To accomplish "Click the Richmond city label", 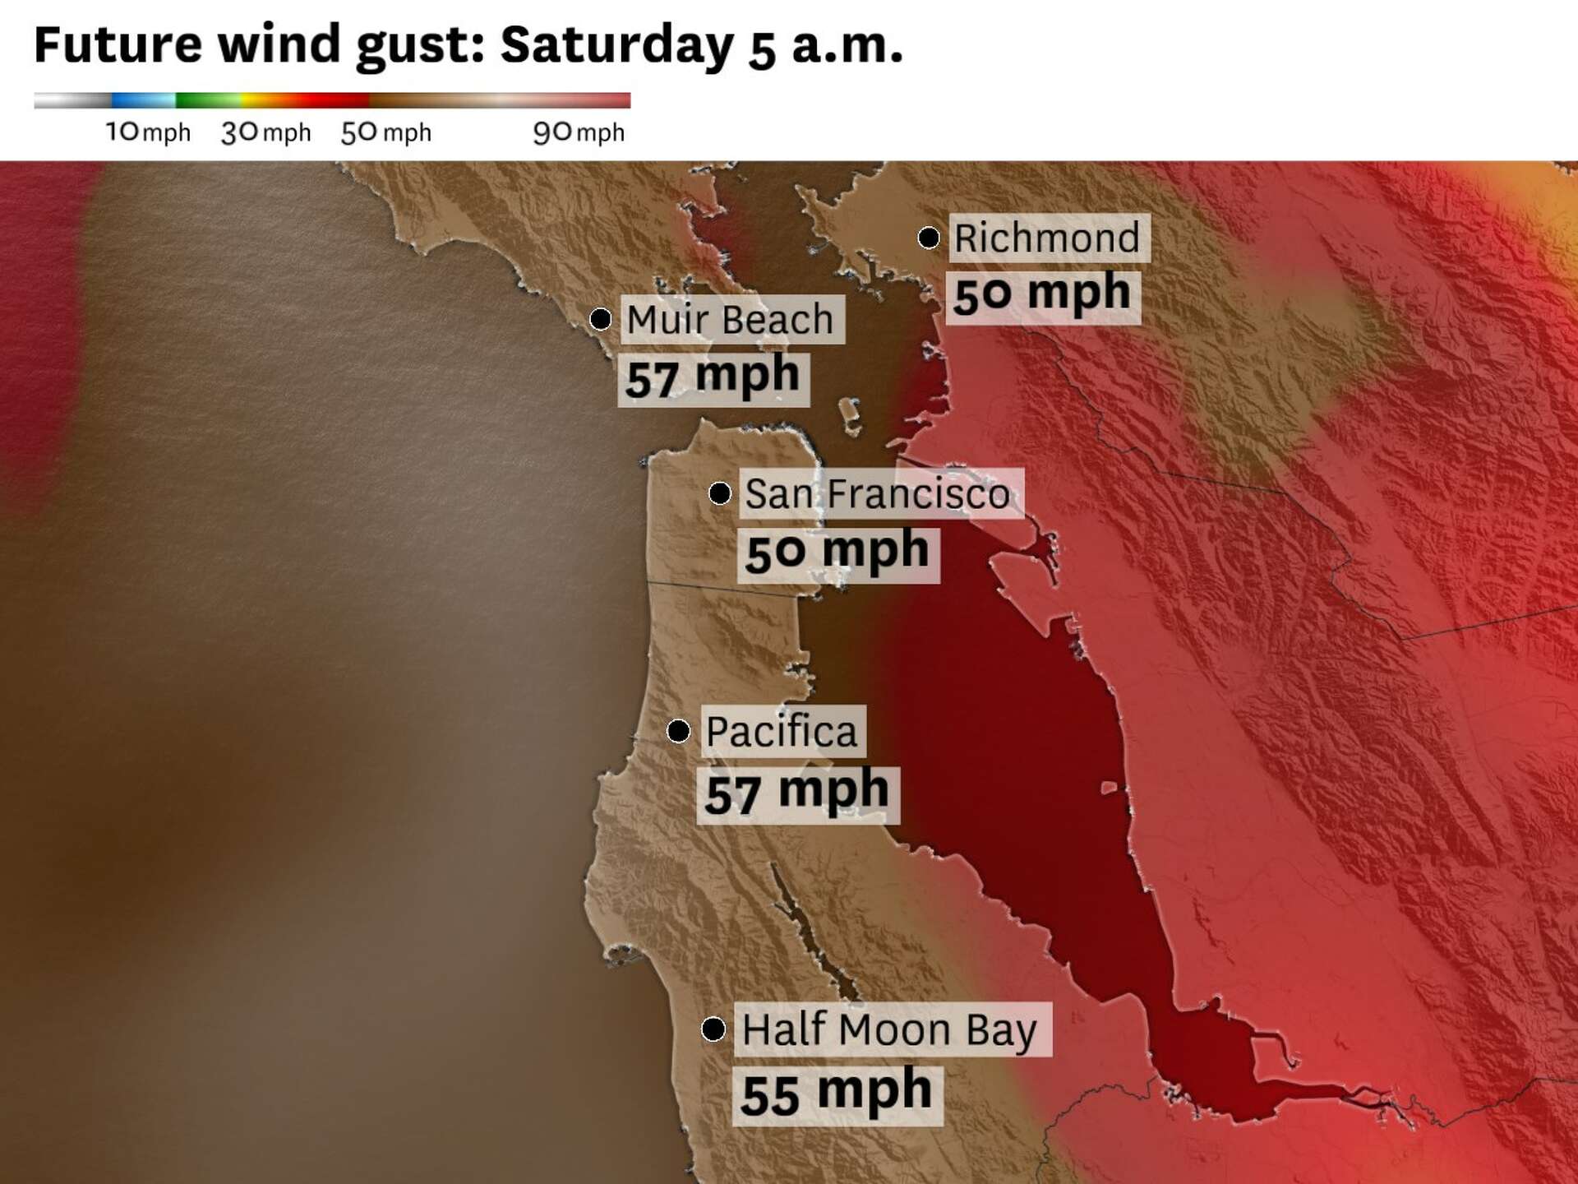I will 1048,238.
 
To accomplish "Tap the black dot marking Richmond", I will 929,238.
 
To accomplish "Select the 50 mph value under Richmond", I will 1042,294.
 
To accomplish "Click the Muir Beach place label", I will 731,319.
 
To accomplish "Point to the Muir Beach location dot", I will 601,318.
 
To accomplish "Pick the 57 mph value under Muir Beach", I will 713,378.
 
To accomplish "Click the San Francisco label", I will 878,493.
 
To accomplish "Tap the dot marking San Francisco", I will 720,493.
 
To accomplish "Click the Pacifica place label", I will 782,731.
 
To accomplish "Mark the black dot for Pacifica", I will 678,730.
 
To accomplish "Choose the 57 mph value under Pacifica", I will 797,793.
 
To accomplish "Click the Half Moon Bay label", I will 890,1029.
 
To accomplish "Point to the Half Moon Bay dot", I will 713,1029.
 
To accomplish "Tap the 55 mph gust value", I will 836,1094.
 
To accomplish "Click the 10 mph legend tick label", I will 148,132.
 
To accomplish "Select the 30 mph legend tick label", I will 265,132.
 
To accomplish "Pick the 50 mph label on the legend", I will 385,132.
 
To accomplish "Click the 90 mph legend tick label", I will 579,132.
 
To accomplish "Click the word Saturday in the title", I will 616,44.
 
